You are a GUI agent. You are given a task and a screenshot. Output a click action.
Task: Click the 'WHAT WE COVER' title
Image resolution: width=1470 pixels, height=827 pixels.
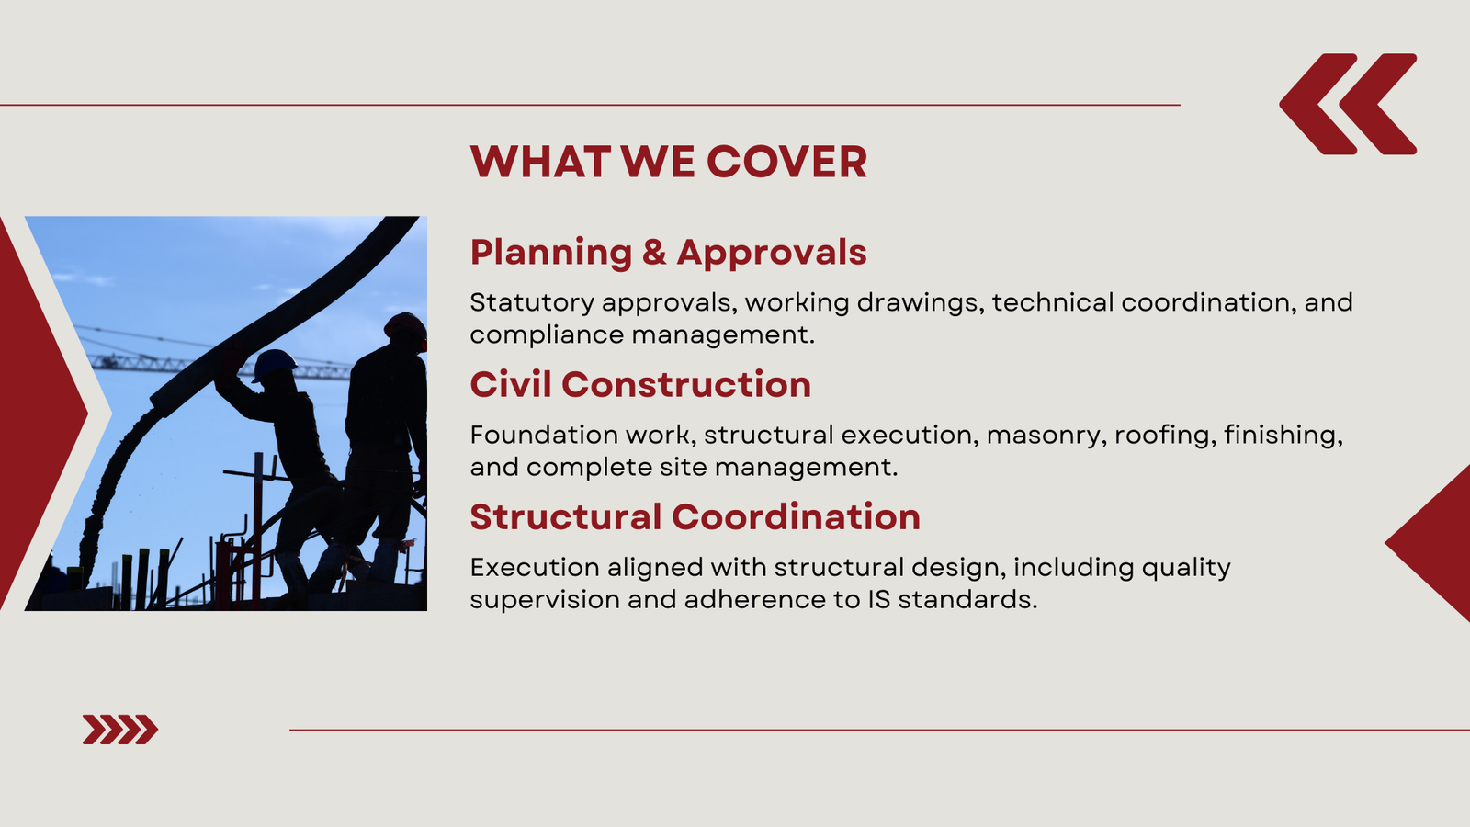click(x=669, y=162)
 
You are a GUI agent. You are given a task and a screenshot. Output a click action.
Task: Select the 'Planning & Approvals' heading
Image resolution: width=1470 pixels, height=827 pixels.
click(x=668, y=253)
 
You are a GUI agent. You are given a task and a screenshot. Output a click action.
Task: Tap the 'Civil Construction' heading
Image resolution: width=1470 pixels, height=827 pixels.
click(x=640, y=385)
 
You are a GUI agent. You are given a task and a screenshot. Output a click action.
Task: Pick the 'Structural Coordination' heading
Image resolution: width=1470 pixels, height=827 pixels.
click(x=695, y=517)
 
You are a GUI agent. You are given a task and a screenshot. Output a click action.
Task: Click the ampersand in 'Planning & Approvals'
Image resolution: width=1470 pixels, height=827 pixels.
click(x=653, y=253)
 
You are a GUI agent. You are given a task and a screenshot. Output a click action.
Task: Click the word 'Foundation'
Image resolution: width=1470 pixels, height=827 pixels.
click(x=544, y=435)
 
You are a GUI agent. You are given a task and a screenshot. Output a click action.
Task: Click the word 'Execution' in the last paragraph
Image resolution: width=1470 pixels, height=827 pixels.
click(x=535, y=567)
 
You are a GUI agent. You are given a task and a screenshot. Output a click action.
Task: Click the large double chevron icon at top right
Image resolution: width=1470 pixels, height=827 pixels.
click(x=1348, y=105)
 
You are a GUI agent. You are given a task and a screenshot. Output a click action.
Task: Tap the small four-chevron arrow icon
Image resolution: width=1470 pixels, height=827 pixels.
click(x=120, y=730)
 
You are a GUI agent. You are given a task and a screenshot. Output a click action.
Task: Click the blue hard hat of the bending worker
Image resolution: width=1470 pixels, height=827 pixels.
click(x=274, y=364)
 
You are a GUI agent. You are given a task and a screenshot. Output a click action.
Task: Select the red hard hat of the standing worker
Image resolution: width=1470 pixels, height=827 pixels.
click(x=406, y=327)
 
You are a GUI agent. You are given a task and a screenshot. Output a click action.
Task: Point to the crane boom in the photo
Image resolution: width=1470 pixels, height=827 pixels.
click(x=220, y=366)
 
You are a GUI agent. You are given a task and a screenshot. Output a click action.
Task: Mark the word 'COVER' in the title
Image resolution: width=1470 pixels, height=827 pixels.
click(x=786, y=162)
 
